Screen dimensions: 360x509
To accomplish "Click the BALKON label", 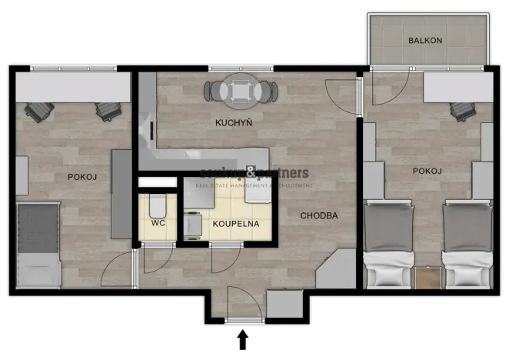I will click(x=424, y=41).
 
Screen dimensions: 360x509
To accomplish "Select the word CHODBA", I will click(x=318, y=216).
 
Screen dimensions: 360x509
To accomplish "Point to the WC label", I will click(x=158, y=224).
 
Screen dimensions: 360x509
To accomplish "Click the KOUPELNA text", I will click(x=236, y=224).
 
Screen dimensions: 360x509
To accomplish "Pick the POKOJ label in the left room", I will click(x=82, y=177).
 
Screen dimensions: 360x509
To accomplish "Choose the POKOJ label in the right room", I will click(x=425, y=171).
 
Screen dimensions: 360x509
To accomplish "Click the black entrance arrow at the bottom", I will click(x=244, y=339).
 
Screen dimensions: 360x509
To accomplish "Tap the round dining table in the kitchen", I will click(x=240, y=91).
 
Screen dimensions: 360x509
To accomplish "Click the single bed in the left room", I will click(x=38, y=245).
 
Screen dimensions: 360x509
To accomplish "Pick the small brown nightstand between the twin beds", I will click(x=426, y=276).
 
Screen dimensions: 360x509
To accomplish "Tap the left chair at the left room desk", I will click(x=35, y=112).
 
